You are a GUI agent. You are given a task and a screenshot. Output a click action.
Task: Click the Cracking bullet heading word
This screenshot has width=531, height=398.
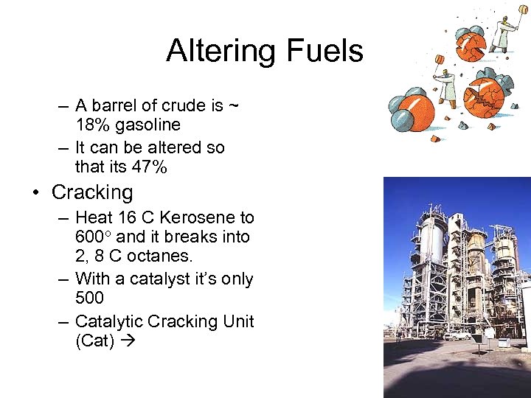pyautogui.click(x=92, y=193)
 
